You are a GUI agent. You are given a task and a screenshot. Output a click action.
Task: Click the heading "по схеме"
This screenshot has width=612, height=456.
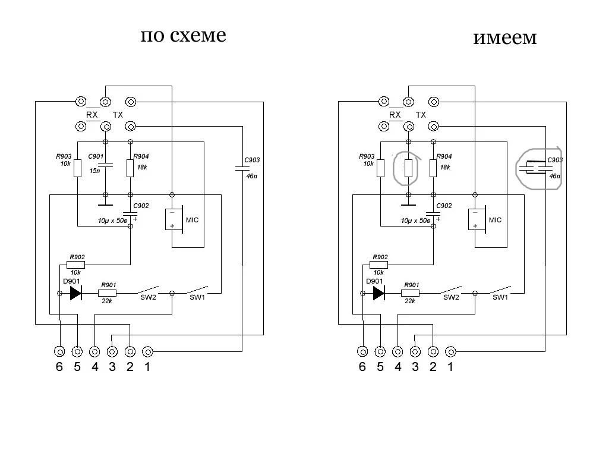coord(183,36)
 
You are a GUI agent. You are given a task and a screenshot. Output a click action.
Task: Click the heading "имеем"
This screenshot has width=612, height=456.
coord(505,38)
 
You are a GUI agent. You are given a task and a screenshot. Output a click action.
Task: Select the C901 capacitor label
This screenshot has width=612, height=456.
coord(96,156)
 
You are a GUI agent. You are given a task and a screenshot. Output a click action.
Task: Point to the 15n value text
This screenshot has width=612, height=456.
coord(95,171)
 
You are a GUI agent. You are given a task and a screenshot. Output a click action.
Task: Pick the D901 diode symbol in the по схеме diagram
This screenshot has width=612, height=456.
coord(75,293)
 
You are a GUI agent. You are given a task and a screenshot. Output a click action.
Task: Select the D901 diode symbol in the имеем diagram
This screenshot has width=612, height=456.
coord(378,293)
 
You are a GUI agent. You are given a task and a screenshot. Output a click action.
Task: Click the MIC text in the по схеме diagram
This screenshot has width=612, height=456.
coord(192,220)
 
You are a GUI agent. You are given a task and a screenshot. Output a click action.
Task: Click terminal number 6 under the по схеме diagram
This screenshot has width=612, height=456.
coord(59,367)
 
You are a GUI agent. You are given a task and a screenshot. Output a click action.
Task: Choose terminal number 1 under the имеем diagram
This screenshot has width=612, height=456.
coord(450,367)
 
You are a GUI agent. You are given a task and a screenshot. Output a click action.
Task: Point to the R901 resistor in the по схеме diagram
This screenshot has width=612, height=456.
coord(108,293)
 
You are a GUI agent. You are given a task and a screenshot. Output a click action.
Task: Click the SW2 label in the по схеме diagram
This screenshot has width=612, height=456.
coord(148,297)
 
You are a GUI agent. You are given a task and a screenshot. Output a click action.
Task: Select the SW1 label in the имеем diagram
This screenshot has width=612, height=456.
coord(500,297)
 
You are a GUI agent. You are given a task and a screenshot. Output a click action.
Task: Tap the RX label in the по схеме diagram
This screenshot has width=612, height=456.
coord(92,115)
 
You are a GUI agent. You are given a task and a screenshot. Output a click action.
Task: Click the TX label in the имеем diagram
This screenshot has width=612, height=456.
coord(421,115)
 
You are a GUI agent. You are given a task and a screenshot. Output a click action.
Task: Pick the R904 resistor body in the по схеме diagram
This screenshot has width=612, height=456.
coord(130,168)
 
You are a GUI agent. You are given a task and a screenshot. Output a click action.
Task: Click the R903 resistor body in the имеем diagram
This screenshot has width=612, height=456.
coord(380,168)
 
